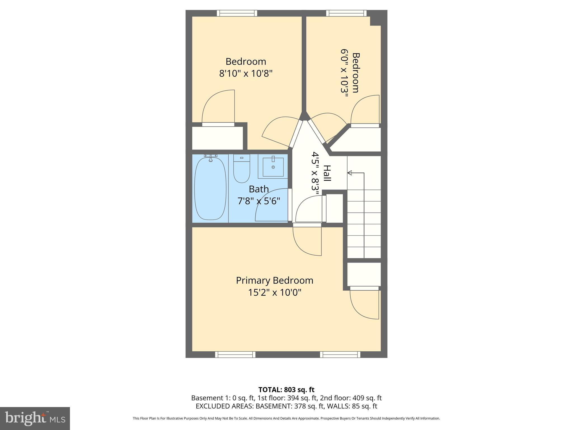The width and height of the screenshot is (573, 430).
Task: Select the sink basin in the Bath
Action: pos(273,167)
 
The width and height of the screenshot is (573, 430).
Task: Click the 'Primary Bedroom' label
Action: pos(274,281)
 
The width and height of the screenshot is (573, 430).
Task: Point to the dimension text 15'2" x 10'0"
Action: pos(274,293)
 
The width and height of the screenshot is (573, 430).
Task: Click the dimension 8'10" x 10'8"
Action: pos(246,74)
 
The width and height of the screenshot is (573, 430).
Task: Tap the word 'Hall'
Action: pos(327,173)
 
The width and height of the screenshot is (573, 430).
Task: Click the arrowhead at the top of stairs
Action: pos(349,173)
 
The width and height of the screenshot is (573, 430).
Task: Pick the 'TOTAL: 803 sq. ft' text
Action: pos(286,390)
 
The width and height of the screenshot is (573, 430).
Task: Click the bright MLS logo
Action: pos(35,418)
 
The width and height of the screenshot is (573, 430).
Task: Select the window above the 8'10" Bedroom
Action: pos(237,13)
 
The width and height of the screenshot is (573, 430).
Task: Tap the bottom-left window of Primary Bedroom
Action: pos(235,355)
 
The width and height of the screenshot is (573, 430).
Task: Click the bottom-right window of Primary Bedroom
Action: pos(340,355)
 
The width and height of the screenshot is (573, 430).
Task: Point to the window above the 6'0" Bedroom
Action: pos(346,13)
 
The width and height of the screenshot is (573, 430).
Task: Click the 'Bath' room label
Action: pos(259,189)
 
